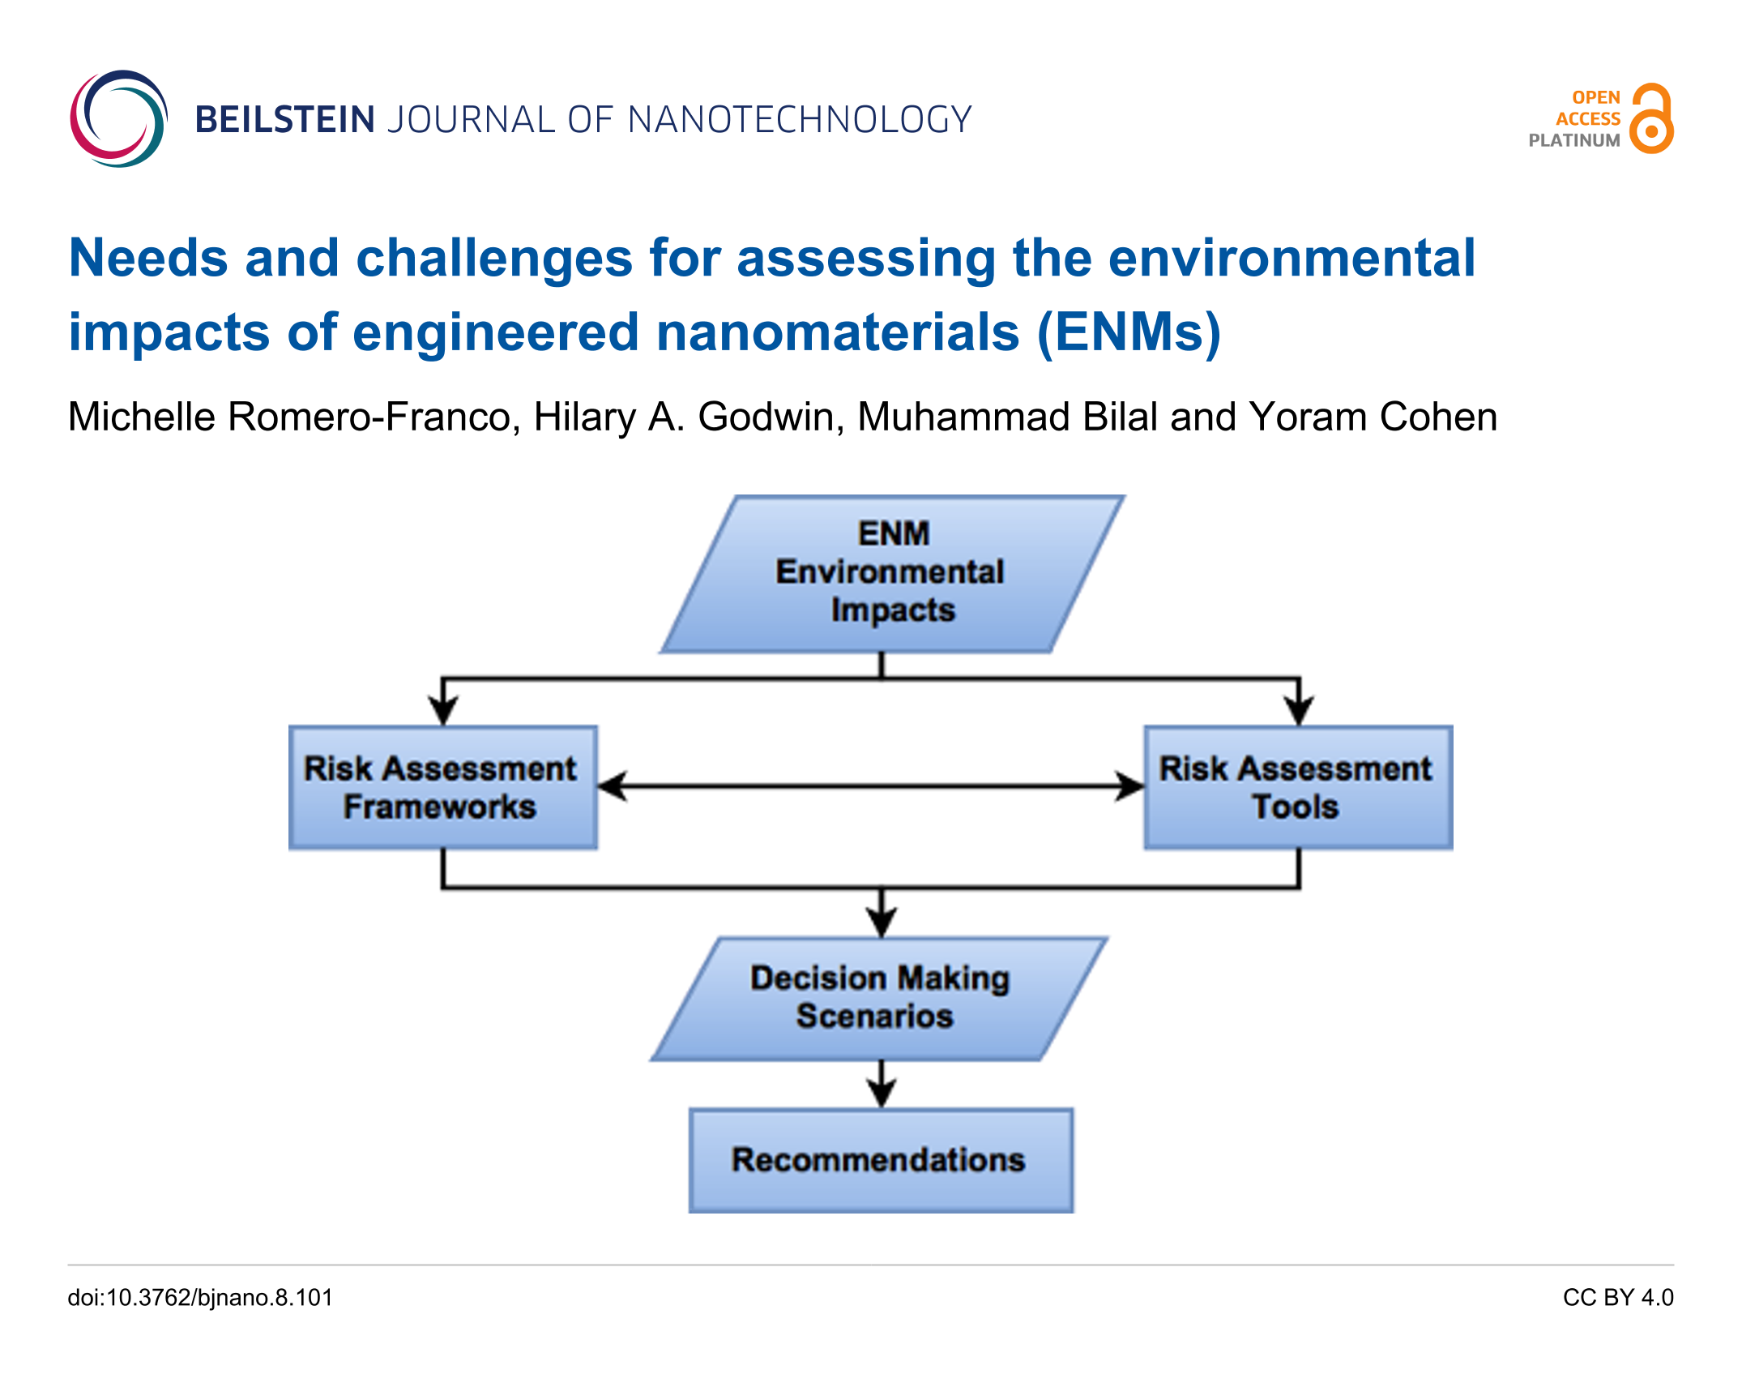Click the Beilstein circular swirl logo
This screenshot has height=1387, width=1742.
118,119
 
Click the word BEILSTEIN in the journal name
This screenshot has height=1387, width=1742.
284,120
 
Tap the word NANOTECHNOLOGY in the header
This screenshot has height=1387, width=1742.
800,120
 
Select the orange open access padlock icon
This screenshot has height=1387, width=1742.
1652,118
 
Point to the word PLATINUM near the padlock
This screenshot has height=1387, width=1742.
1574,140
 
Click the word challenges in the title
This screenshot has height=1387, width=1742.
494,259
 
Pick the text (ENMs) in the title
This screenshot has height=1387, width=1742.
1129,332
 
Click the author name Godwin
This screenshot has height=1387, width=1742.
771,417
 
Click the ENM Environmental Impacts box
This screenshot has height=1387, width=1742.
892,574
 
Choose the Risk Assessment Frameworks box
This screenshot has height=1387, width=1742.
443,787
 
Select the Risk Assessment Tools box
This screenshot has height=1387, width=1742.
1298,787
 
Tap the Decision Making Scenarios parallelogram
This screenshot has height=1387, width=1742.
879,999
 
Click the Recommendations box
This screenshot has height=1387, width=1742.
882,1160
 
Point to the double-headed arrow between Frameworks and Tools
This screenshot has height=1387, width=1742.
871,786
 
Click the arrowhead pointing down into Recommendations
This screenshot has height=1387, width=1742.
882,1094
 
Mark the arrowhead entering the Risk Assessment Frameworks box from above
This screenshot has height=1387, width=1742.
443,711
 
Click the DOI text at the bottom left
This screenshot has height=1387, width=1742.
200,1298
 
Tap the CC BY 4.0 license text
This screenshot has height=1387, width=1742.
1618,1298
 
